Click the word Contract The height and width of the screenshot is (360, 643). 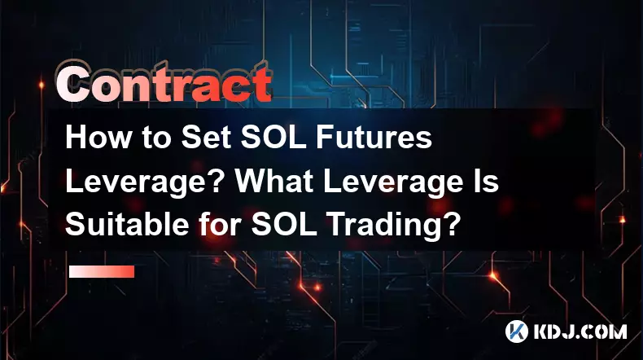click(164, 84)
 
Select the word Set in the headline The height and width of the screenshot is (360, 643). click(207, 137)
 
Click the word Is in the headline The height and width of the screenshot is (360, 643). click(488, 181)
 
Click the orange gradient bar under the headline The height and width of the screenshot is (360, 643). click(102, 271)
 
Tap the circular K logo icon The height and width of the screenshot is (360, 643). click(516, 331)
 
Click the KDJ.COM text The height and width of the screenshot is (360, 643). click(580, 331)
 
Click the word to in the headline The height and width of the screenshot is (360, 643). click(155, 138)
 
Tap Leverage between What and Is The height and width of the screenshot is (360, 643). click(396, 182)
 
